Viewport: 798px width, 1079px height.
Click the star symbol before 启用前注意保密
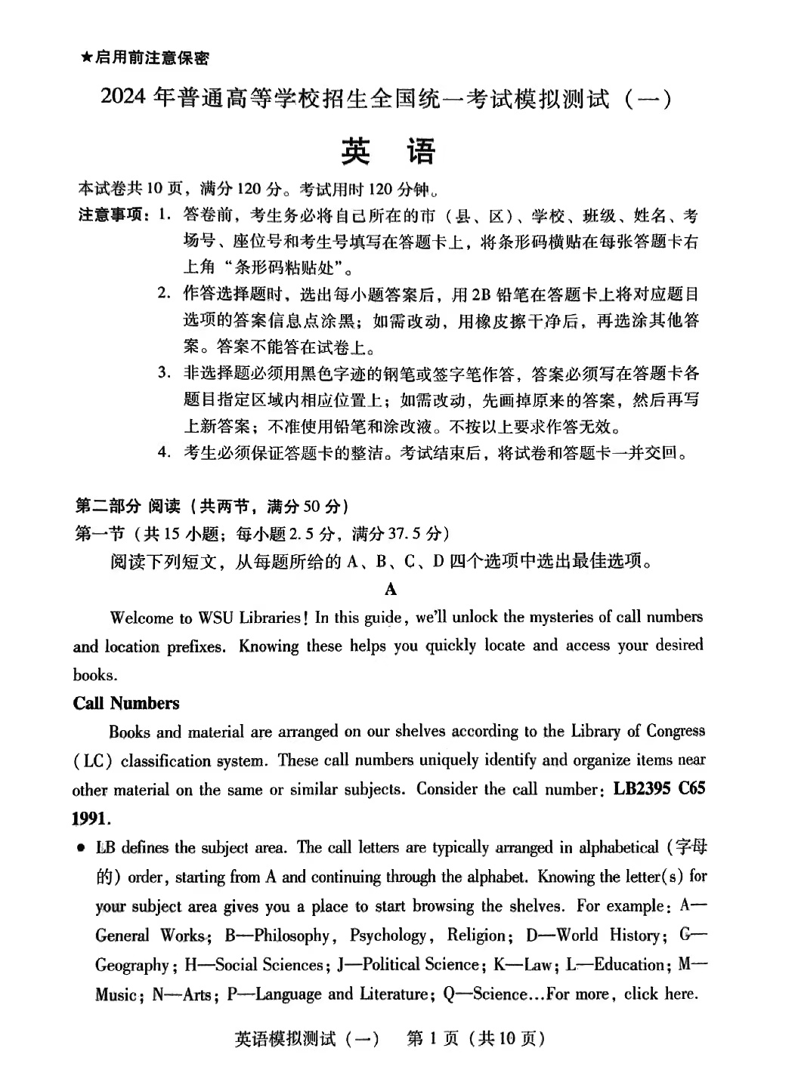86,58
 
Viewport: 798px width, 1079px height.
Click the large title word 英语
388,152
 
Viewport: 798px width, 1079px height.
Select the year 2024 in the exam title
122,98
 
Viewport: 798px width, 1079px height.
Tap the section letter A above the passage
390,589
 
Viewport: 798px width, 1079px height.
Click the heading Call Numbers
126,703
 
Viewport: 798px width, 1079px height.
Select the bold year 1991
91,818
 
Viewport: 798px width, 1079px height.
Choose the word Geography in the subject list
132,965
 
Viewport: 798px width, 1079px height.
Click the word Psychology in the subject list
388,936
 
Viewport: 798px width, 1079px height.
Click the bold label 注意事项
112,216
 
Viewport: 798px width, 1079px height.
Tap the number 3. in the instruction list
162,372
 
